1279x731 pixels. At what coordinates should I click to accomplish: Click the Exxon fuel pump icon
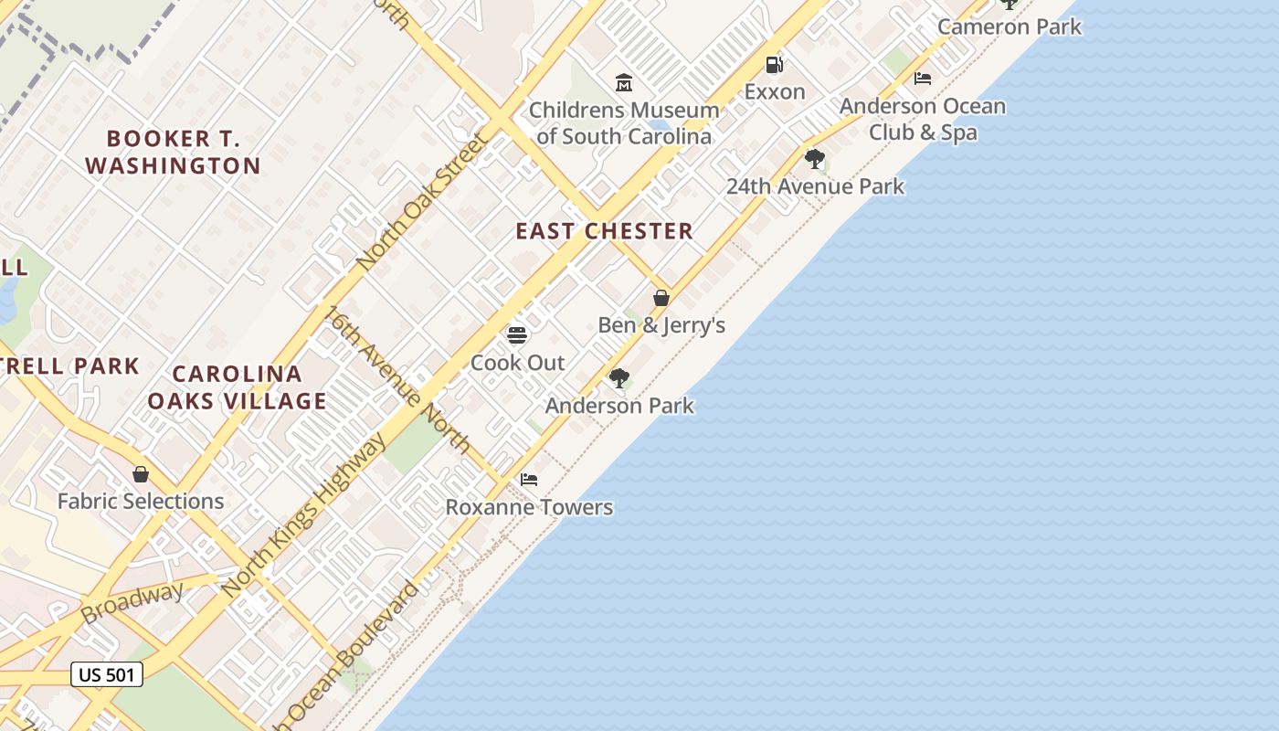(774, 65)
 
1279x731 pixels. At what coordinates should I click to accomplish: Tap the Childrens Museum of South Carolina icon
(624, 83)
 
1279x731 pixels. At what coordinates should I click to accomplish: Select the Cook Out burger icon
(517, 335)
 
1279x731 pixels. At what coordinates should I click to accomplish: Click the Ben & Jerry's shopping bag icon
(661, 298)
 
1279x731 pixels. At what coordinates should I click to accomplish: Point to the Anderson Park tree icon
(619, 377)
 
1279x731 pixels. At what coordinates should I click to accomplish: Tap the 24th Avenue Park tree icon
(814, 159)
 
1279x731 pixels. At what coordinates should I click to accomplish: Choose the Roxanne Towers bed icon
(529, 479)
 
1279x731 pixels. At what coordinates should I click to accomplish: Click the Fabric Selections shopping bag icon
(141, 474)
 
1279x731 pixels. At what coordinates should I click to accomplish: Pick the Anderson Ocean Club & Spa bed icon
(923, 79)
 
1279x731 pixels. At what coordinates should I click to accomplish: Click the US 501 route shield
(107, 675)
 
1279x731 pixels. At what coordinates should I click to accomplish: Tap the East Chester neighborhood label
(605, 231)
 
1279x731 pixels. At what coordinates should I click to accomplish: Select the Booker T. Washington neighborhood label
(173, 153)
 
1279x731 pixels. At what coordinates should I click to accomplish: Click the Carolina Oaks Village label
(237, 387)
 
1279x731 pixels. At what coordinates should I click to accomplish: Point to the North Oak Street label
(423, 202)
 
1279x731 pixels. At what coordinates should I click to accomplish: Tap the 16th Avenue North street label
(397, 379)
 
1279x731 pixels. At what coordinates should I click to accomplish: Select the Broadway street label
(132, 603)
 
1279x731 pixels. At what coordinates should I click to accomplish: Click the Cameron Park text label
(1009, 26)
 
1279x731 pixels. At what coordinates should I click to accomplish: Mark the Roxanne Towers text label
(529, 507)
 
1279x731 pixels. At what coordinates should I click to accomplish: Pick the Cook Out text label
(518, 363)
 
